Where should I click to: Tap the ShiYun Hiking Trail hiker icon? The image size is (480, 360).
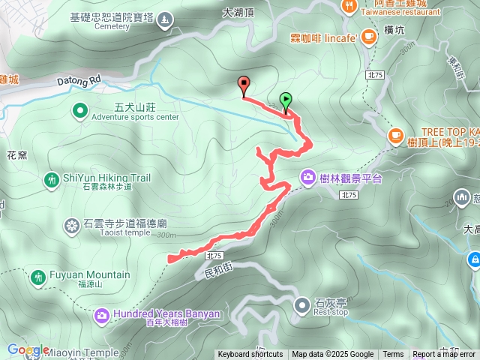[51, 180]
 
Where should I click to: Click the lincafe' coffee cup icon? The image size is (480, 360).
[368, 37]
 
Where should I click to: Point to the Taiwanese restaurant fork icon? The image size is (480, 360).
[349, 7]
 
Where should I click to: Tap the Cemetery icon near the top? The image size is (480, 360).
[164, 19]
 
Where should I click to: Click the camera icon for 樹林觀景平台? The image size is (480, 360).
[307, 178]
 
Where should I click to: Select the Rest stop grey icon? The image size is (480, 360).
[301, 304]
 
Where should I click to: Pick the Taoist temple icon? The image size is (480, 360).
[72, 226]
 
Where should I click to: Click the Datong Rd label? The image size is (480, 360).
[79, 78]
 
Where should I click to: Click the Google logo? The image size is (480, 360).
[28, 349]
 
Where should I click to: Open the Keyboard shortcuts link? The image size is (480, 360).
[250, 355]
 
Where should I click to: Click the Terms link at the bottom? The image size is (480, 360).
[393, 355]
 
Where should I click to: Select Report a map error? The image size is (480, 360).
[445, 355]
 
